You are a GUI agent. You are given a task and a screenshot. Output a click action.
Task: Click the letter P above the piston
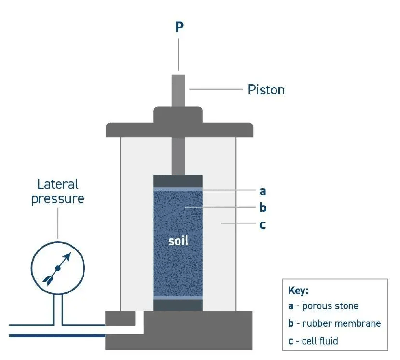179,28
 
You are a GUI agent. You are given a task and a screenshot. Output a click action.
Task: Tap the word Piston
266,90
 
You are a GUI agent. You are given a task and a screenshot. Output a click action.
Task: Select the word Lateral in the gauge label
57,184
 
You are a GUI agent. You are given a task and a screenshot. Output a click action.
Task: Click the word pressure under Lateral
57,199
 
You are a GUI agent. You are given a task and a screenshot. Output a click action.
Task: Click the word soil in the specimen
178,240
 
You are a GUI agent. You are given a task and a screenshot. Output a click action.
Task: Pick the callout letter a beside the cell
263,191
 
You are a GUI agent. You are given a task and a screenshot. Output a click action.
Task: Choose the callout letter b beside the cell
263,208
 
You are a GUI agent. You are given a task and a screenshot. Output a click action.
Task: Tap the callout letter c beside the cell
263,225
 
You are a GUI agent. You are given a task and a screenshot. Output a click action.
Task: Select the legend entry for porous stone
323,306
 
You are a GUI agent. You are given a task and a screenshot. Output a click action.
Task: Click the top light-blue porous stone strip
178,188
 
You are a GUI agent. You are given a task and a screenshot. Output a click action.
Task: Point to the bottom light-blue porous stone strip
178,298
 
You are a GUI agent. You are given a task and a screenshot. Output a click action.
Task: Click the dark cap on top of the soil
178,181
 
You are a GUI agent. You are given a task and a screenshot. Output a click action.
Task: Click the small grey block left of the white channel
120,318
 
